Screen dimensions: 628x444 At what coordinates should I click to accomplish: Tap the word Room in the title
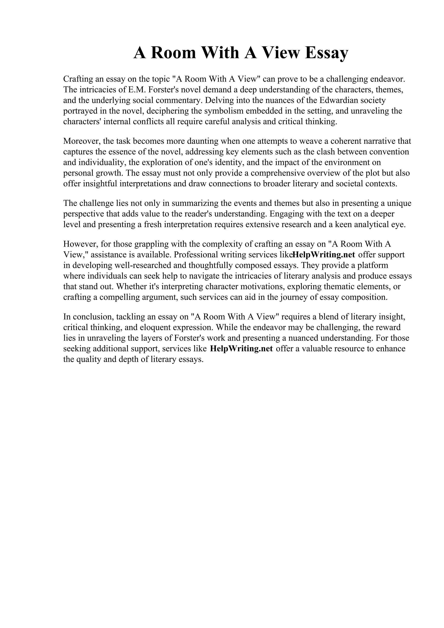[173, 53]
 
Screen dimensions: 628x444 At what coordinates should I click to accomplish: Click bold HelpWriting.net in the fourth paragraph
[324, 254]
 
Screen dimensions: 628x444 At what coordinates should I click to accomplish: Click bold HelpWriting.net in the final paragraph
[242, 349]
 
